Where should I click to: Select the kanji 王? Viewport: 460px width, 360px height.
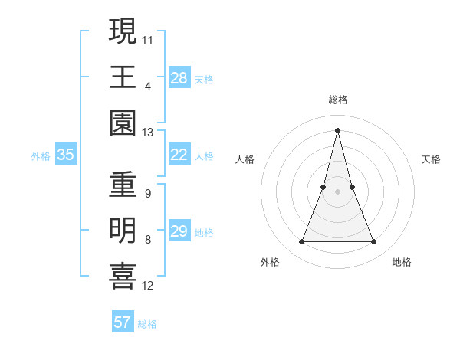(123, 77)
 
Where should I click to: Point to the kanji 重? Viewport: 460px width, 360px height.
(123, 185)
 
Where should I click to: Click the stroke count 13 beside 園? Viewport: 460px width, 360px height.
(148, 133)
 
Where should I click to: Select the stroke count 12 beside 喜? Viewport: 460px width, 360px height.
(148, 286)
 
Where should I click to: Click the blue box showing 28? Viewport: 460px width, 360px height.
(179, 78)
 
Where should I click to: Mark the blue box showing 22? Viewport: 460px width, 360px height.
(179, 155)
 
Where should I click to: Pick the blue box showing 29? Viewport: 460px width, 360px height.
(179, 232)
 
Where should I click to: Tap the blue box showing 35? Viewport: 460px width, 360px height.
(65, 155)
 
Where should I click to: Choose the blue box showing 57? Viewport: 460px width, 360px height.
(123, 322)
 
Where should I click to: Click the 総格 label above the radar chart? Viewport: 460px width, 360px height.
(337, 100)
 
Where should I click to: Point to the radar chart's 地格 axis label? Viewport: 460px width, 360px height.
(402, 262)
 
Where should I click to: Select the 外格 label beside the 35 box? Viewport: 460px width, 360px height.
(41, 156)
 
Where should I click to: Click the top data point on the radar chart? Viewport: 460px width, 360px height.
(337, 129)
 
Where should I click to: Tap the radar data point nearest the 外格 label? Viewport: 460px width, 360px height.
(301, 242)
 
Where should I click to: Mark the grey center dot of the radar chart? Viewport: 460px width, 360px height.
(337, 191)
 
